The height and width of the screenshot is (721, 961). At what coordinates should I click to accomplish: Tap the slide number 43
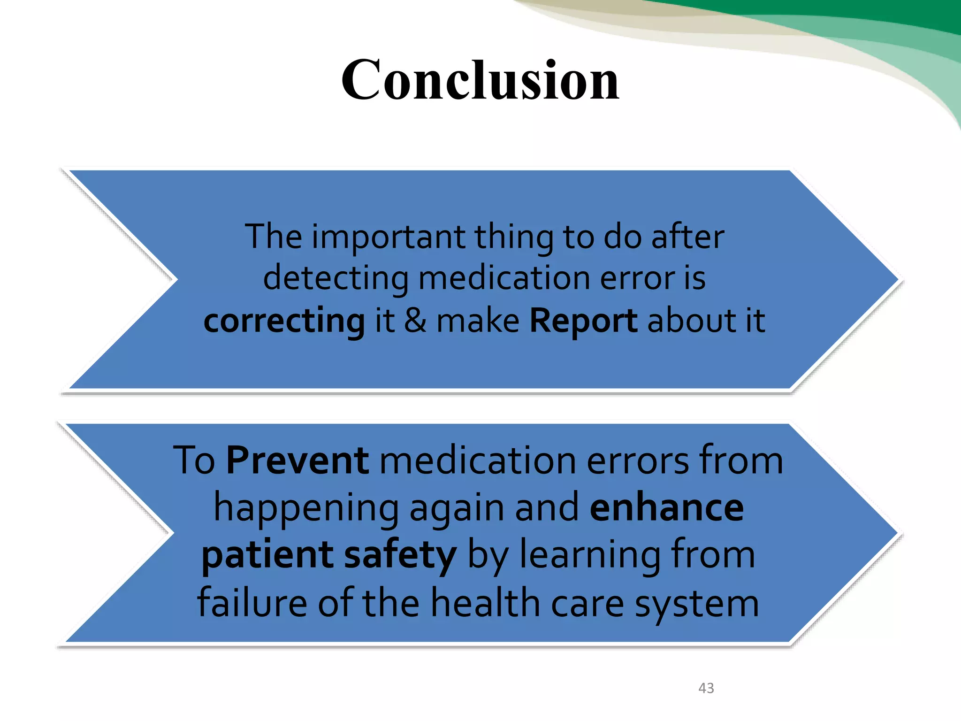[706, 688]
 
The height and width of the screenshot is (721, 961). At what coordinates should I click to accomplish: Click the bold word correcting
[284, 322]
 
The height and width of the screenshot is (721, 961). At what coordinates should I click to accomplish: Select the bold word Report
[583, 322]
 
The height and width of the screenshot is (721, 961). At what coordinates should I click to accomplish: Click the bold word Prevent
[297, 460]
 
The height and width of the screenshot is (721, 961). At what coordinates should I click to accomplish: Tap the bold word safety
[400, 556]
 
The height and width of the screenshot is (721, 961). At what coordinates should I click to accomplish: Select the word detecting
[336, 279]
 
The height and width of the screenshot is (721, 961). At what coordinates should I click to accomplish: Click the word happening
[306, 509]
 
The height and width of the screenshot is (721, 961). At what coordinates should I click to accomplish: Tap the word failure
[252, 603]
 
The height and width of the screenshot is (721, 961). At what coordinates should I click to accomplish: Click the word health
[485, 603]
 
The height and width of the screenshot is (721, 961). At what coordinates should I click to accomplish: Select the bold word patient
[267, 556]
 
